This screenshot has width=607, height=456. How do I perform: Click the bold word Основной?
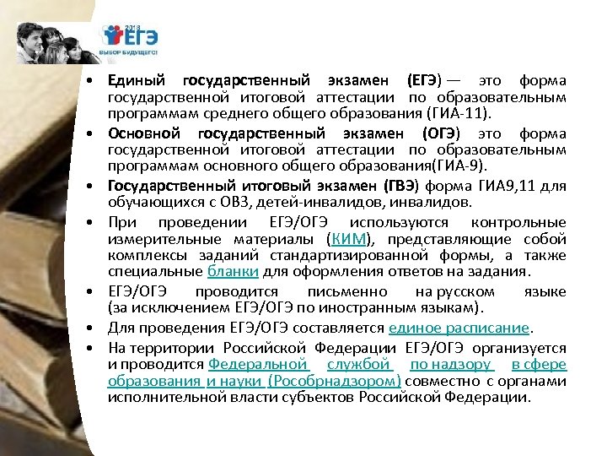[x=143, y=133]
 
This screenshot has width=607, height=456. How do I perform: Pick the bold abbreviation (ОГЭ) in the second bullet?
[x=442, y=133]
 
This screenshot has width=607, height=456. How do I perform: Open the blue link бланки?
[x=233, y=271]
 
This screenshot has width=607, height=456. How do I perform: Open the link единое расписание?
[x=459, y=327]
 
